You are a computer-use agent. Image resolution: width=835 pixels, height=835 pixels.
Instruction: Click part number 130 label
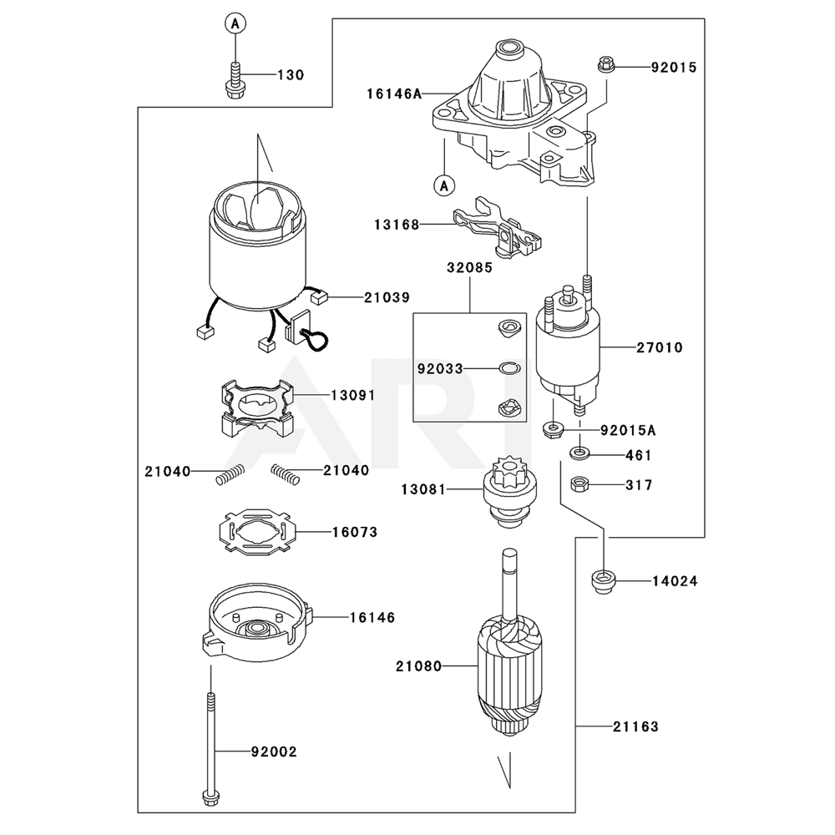point(291,75)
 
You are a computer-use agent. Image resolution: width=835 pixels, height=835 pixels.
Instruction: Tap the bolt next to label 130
point(235,80)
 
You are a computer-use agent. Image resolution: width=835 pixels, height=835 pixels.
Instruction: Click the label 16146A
point(393,94)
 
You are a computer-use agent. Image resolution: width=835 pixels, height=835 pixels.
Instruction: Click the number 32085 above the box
point(468,269)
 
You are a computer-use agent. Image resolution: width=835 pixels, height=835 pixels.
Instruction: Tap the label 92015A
point(628,431)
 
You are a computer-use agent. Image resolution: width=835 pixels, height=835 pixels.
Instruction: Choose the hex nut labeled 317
point(578,483)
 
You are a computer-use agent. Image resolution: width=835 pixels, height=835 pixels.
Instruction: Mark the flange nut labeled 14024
point(602,580)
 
